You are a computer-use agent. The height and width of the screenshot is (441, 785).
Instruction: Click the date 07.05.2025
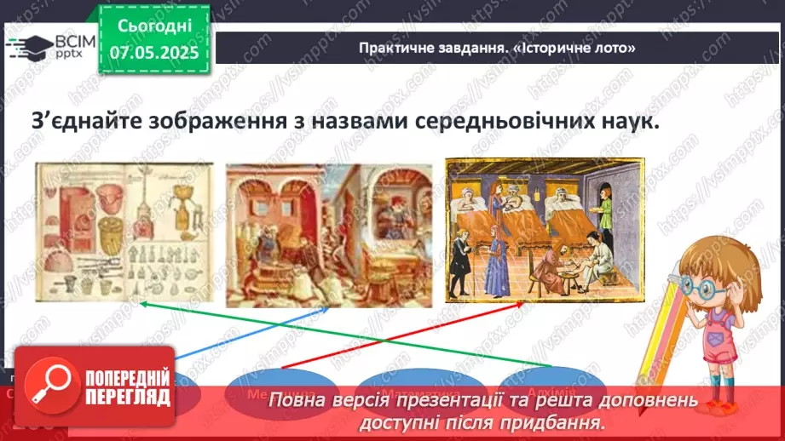coord(154,53)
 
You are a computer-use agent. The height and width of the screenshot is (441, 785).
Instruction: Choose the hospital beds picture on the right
coord(531,229)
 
